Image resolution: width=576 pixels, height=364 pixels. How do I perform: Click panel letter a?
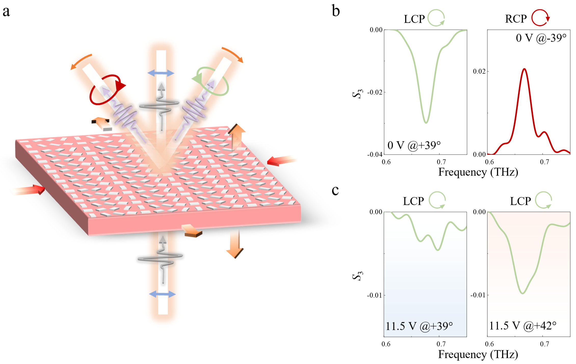tap(6, 12)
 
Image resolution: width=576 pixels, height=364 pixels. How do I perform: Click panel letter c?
tap(335, 190)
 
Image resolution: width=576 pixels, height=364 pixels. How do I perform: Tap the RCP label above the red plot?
tap(516, 19)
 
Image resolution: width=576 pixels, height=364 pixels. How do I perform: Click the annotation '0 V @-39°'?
tap(541, 38)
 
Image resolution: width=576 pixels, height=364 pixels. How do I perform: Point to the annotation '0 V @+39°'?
tap(414, 145)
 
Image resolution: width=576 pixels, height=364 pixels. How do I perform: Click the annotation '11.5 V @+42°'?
tap(522, 326)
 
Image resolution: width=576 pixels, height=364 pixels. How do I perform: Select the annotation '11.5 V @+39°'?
tap(419, 327)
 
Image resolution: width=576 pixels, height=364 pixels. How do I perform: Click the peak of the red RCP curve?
tap(524, 69)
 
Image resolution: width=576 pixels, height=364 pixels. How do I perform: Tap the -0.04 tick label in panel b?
tap(375, 154)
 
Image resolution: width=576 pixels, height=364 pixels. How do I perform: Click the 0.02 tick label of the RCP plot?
tap(479, 71)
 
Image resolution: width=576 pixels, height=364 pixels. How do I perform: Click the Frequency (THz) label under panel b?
tap(478, 172)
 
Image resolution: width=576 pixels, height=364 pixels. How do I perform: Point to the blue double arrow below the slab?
tap(162, 294)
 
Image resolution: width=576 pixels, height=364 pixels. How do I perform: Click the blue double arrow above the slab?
tap(161, 73)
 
